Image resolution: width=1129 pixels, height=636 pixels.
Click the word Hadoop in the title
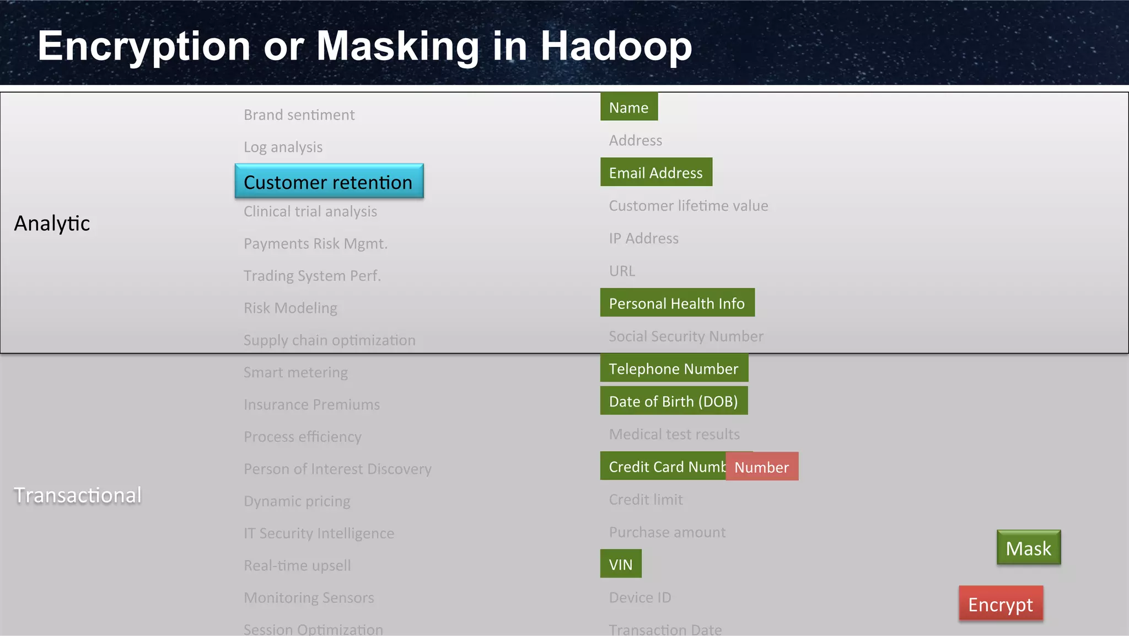point(616,46)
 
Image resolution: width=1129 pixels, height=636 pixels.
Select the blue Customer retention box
point(329,181)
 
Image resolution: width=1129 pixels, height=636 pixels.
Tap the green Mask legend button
point(1028,548)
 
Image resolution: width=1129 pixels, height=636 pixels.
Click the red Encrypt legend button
point(1001,604)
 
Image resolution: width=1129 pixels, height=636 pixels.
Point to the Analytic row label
point(52,223)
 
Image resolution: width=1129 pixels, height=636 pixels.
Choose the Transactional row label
point(78,495)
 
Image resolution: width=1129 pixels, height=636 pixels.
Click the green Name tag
point(628,107)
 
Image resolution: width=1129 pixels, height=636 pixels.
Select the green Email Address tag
point(655,173)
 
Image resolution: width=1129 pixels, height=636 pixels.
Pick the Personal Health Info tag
point(676,303)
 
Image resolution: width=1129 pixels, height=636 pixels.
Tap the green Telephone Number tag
point(673,368)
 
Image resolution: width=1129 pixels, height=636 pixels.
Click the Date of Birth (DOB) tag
point(673,401)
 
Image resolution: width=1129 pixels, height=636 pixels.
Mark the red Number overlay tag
point(761,467)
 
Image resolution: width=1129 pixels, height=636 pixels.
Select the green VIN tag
point(621,564)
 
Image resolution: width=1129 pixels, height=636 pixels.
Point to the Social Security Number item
point(686,336)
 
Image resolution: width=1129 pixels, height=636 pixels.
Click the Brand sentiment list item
point(299,115)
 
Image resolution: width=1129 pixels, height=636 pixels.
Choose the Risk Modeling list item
point(290,308)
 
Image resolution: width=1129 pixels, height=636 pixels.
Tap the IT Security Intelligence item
point(319,533)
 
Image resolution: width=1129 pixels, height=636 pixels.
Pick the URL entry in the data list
point(622,271)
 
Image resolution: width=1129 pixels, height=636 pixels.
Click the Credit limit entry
point(646,499)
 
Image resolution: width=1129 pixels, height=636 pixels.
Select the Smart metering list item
point(295,372)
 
